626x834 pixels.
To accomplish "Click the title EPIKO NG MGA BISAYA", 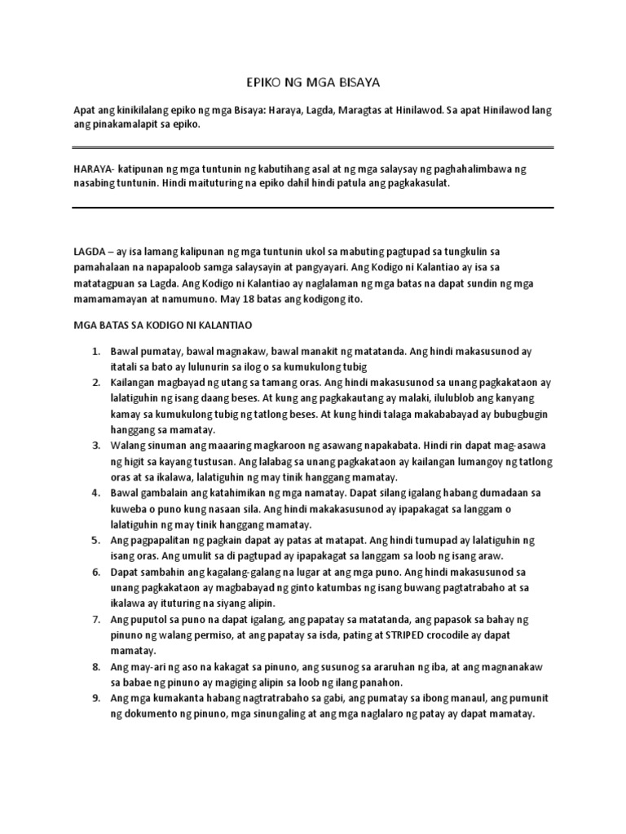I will click(x=313, y=82).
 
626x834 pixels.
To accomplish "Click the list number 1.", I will click(x=95, y=352).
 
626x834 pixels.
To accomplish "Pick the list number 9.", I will click(x=95, y=699).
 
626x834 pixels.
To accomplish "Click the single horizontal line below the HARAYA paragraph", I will click(x=313, y=207).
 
